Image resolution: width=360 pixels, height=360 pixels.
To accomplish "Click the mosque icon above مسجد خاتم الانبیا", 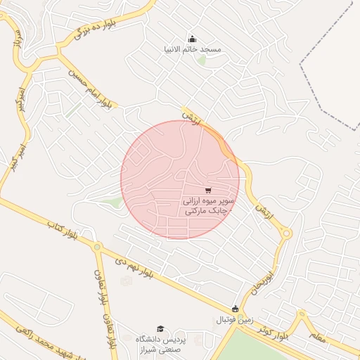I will tap(193, 39).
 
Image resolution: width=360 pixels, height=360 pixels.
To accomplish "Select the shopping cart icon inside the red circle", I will tap(208, 190).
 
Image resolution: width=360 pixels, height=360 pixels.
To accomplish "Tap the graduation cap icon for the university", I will tap(160, 329).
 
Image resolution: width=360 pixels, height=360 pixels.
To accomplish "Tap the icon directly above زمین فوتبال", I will tap(236, 309).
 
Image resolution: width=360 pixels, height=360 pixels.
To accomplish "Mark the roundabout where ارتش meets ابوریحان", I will tap(287, 233).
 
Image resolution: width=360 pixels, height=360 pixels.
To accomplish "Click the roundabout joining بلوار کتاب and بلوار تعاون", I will tap(98, 247).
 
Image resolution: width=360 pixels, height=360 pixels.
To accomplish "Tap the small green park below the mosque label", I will tap(202, 60).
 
